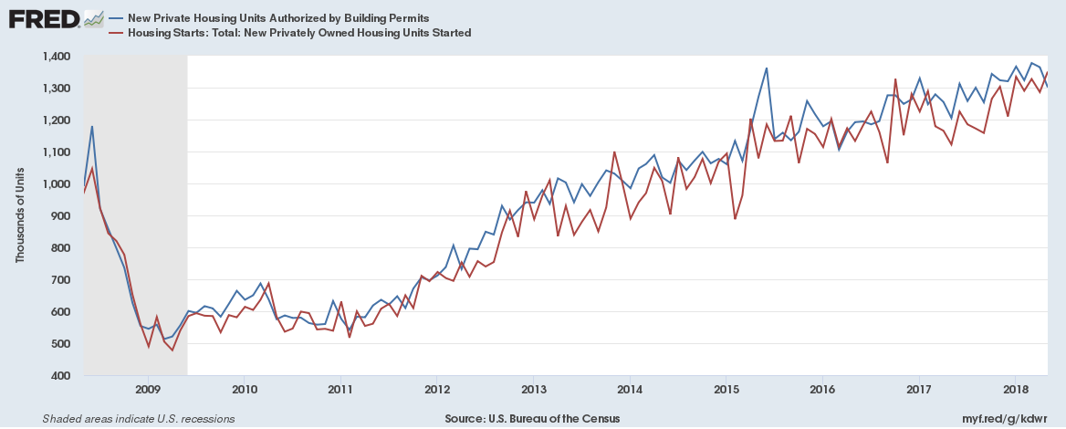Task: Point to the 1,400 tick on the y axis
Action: click(x=57, y=57)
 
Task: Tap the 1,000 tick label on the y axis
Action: click(x=57, y=184)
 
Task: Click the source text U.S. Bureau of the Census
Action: click(x=533, y=419)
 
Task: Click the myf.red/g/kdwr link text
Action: click(x=1010, y=419)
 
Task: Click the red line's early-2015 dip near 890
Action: click(x=735, y=218)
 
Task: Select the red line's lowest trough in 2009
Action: click(x=172, y=351)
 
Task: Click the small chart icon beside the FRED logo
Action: click(x=92, y=18)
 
